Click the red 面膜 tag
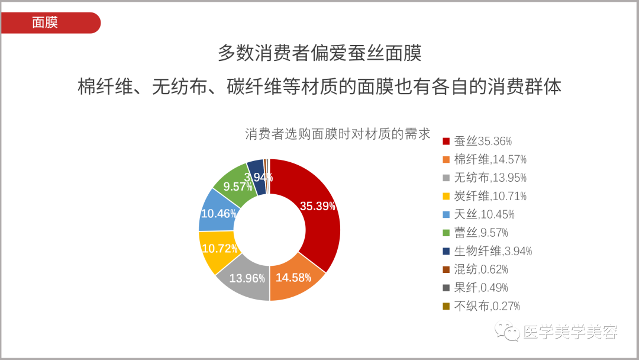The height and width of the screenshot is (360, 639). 50,23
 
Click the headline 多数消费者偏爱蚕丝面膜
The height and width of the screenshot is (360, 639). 319,53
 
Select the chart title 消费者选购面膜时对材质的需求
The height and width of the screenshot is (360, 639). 337,134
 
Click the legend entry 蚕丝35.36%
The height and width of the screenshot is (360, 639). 477,141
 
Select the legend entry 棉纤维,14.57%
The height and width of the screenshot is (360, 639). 485,159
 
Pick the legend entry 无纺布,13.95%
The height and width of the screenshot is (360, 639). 485,178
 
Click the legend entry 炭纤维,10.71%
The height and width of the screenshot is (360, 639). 485,196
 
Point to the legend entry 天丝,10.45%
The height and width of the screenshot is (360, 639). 479,214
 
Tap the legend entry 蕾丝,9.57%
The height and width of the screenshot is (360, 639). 475,233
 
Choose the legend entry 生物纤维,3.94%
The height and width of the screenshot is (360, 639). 488,251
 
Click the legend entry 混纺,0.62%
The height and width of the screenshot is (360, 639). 475,269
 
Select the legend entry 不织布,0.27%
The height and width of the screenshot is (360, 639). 481,306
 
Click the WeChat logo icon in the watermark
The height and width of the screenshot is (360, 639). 507,331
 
